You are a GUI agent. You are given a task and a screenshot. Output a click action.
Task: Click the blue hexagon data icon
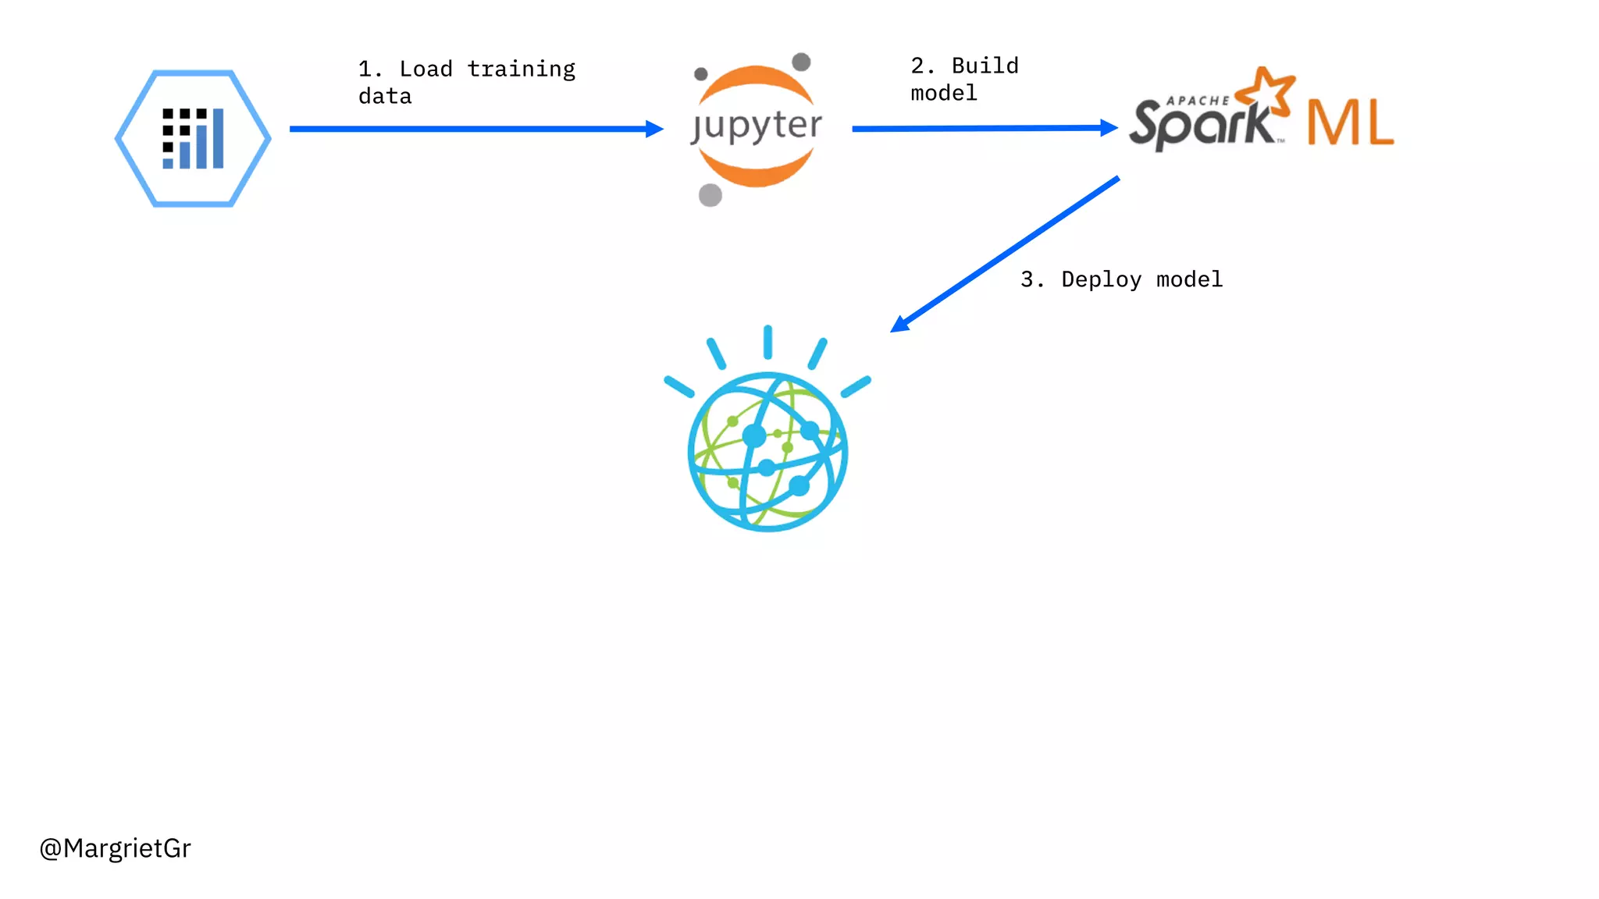(x=193, y=138)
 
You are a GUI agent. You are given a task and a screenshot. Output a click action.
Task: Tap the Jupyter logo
(x=756, y=126)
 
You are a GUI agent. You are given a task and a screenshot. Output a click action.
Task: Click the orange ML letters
(x=1350, y=123)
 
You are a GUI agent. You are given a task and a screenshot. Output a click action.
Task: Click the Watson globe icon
(x=767, y=452)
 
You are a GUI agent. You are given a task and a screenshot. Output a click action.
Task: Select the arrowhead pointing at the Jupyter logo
(x=654, y=129)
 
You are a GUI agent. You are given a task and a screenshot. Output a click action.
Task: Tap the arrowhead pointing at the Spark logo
(x=1109, y=127)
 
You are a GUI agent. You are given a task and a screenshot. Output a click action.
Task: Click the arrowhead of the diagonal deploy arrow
(x=900, y=324)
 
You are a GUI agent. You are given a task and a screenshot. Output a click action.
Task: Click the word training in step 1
(x=521, y=69)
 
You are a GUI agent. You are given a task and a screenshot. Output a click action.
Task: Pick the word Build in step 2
(x=985, y=66)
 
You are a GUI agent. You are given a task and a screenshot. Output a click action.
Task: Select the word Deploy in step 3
(x=1101, y=279)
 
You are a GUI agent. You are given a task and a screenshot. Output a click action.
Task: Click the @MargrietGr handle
(x=115, y=848)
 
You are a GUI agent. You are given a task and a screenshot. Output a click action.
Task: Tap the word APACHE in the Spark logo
(x=1197, y=101)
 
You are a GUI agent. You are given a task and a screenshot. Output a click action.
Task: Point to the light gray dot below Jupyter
(x=710, y=194)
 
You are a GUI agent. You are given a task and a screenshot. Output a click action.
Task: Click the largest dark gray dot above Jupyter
(x=801, y=62)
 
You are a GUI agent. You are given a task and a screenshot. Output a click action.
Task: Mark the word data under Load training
(x=385, y=97)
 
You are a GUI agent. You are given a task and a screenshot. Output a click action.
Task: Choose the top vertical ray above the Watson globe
(x=768, y=342)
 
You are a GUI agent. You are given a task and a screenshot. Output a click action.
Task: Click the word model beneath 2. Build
(x=943, y=94)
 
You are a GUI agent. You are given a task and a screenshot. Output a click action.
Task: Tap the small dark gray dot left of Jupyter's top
(x=701, y=74)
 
